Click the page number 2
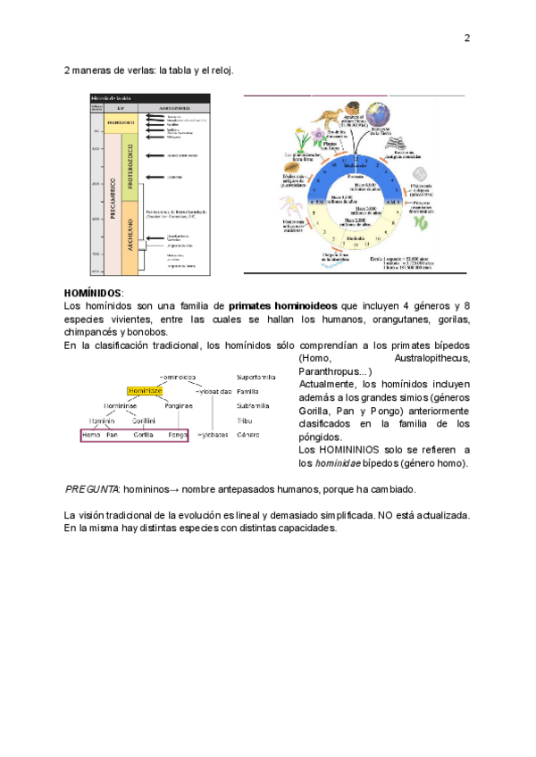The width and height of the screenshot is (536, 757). click(x=466, y=37)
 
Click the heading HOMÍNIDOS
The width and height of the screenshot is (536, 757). click(x=93, y=293)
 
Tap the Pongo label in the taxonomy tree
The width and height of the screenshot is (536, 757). click(x=178, y=434)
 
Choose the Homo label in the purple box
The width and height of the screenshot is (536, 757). click(x=91, y=434)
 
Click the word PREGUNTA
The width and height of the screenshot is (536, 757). click(x=92, y=490)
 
